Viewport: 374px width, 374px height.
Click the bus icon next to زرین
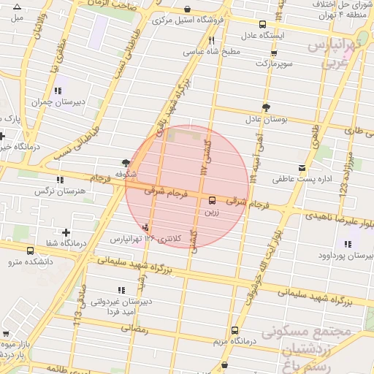tap(213, 199)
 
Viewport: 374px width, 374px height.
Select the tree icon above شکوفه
tap(127, 163)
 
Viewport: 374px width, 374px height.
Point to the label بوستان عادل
tap(263, 118)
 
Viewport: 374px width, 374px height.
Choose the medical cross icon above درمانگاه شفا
tap(66, 232)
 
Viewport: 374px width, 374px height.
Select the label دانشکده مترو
tap(29, 260)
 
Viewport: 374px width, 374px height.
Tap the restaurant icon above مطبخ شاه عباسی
tap(211, 41)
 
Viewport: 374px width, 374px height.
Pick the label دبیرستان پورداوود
tap(346, 256)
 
